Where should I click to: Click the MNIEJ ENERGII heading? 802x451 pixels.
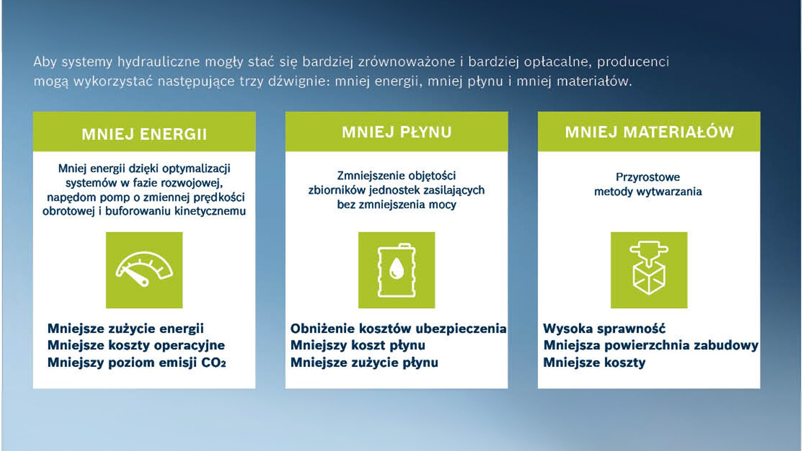pyautogui.click(x=144, y=134)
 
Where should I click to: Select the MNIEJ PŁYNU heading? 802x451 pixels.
pyautogui.click(x=396, y=132)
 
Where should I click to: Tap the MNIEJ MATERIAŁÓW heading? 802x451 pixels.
pyautogui.click(x=649, y=132)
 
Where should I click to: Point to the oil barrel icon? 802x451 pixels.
pyautogui.click(x=396, y=270)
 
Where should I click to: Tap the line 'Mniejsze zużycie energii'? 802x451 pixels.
pyautogui.click(x=126, y=329)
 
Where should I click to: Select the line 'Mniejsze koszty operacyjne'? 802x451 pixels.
pyautogui.click(x=136, y=345)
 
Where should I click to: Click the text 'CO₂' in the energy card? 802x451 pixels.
pyautogui.click(x=213, y=362)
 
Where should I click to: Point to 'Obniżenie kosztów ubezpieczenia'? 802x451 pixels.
pyautogui.click(x=398, y=329)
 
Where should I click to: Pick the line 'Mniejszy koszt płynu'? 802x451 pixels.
pyautogui.click(x=358, y=345)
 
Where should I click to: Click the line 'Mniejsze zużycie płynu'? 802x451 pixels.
pyautogui.click(x=364, y=362)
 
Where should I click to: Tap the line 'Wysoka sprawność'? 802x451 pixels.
pyautogui.click(x=604, y=329)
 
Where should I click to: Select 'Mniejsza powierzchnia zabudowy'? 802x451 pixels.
pyautogui.click(x=651, y=345)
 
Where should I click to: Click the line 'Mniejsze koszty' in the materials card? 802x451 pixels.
pyautogui.click(x=594, y=362)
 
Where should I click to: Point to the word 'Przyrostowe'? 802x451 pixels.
pyautogui.click(x=648, y=177)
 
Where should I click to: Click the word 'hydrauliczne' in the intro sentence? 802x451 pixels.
pyautogui.click(x=159, y=62)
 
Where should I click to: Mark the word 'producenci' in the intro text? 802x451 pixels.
pyautogui.click(x=633, y=62)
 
